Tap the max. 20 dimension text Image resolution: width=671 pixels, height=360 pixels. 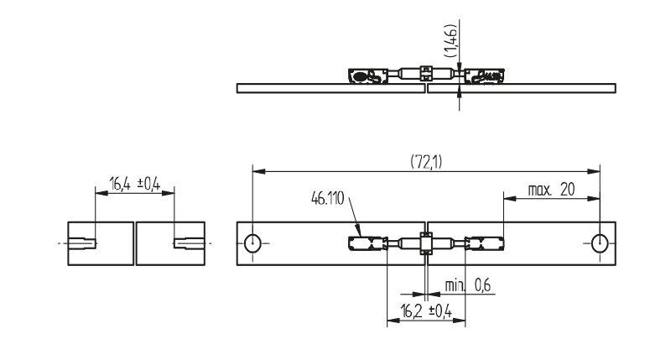pyautogui.click(x=551, y=190)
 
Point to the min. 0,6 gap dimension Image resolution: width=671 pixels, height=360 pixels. pyautogui.click(x=468, y=285)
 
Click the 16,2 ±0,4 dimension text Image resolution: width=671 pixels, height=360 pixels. pyautogui.click(x=426, y=311)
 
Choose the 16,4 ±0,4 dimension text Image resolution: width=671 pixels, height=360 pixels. pyautogui.click(x=135, y=184)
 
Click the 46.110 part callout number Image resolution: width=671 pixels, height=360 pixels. pyautogui.click(x=328, y=199)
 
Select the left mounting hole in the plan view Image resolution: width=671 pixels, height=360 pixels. pyautogui.click(x=252, y=243)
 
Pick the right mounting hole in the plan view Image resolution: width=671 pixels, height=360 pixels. pyautogui.click(x=600, y=243)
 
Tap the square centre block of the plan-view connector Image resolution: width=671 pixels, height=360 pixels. pyautogui.click(x=426, y=243)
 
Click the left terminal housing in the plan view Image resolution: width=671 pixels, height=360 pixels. pyautogui.click(x=368, y=243)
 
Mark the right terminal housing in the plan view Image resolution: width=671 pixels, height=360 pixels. pyautogui.click(x=485, y=243)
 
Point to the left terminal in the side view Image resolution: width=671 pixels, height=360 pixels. pyautogui.click(x=368, y=76)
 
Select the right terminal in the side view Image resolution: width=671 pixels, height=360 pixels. pyautogui.click(x=485, y=76)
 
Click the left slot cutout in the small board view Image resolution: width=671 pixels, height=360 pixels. pyautogui.click(x=81, y=243)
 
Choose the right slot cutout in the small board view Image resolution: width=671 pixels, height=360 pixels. pyautogui.click(x=190, y=243)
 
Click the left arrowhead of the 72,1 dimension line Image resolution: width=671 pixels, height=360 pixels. pyautogui.click(x=259, y=172)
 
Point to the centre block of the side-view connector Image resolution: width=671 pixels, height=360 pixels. pyautogui.click(x=426, y=73)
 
